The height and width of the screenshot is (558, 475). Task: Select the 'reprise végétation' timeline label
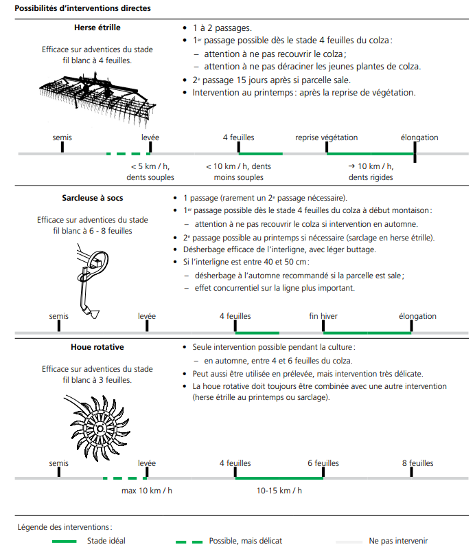326,137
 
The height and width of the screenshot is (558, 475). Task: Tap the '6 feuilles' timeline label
323,463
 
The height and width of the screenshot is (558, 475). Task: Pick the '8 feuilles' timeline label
417,463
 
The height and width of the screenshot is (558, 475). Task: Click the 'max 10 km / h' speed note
147,491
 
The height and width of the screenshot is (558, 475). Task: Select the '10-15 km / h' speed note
279,491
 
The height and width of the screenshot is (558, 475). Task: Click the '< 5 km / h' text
150,166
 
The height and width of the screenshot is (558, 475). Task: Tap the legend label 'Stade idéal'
106,541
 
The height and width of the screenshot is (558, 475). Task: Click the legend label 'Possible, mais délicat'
245,541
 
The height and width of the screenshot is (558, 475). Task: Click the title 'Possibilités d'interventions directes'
82,8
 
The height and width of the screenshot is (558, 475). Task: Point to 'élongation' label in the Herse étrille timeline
419,137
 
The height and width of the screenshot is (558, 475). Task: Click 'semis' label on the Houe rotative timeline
59,463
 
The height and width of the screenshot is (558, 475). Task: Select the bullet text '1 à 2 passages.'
222,29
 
